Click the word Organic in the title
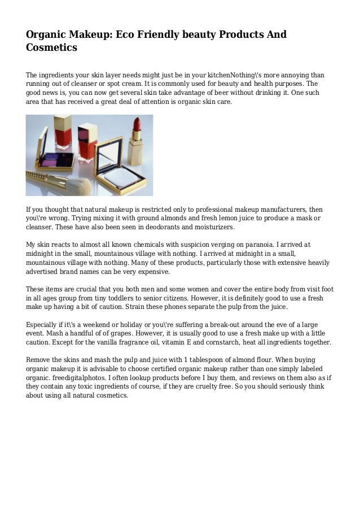coord(48,35)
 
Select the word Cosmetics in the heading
coord(51,48)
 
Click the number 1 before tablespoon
coord(186,360)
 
